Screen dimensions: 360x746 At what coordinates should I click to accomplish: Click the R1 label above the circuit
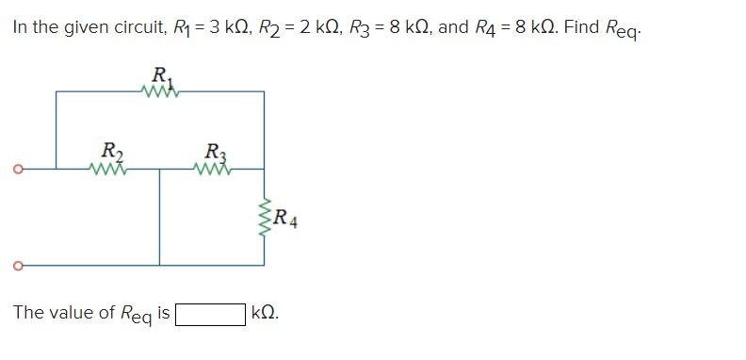[160, 74]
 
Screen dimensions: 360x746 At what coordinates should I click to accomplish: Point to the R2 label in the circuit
[110, 152]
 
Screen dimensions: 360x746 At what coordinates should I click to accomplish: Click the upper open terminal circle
[16, 170]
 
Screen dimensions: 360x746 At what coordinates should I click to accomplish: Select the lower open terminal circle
[16, 265]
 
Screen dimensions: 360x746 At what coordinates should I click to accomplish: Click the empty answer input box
[210, 313]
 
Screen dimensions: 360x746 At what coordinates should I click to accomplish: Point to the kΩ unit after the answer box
[265, 313]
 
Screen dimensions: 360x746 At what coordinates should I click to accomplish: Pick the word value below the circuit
[69, 313]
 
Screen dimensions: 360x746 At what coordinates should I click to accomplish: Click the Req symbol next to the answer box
[136, 315]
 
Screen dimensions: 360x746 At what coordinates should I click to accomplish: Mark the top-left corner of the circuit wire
[56, 91]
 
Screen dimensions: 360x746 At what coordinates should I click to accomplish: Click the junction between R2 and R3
[159, 170]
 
